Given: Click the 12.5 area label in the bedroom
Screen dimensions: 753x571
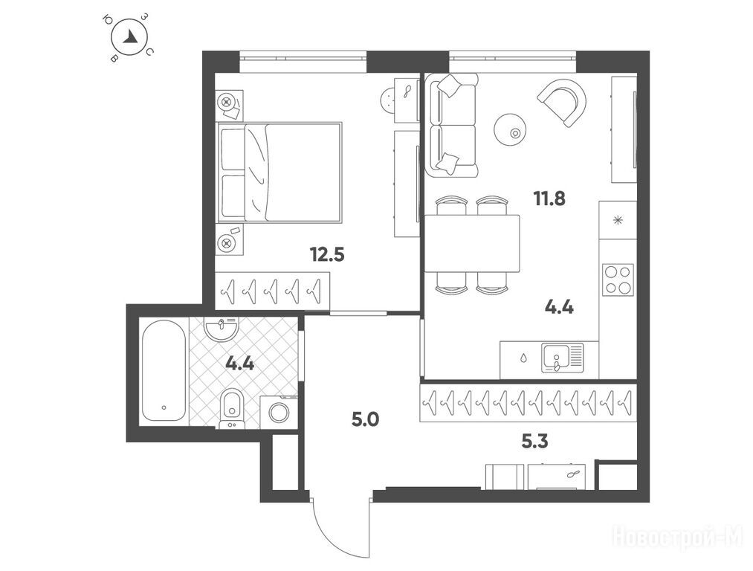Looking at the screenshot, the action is (328, 254).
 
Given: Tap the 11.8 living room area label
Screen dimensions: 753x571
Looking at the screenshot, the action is (549, 198).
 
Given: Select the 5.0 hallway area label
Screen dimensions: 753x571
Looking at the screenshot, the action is (366, 420).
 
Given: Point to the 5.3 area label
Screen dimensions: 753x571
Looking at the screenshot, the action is (534, 441).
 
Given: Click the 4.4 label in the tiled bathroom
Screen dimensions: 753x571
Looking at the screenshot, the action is (239, 364).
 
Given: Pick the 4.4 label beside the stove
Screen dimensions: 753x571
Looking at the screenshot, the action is (560, 307).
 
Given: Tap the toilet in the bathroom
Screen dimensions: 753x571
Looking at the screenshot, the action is (233, 408).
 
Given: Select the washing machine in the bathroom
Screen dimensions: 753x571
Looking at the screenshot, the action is (279, 412).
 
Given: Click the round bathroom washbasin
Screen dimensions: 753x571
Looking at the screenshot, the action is (221, 329).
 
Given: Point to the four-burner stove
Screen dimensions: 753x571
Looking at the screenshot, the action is (618, 280).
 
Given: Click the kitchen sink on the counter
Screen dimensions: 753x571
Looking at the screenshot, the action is (563, 358).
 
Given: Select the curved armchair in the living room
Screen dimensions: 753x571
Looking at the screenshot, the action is (563, 102).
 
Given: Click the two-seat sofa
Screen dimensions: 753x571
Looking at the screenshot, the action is (452, 125).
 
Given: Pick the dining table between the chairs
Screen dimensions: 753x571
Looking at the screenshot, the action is (472, 243).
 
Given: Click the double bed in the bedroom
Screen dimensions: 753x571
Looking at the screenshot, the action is (279, 172).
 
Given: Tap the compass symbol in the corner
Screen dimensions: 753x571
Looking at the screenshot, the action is (129, 37).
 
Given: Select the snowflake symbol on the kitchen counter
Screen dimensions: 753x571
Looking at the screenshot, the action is (618, 220).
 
